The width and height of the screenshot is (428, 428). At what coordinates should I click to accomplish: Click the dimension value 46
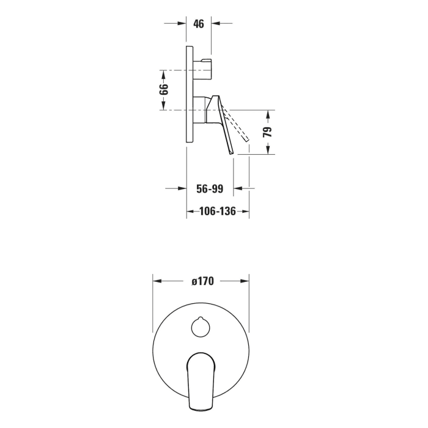click(199, 24)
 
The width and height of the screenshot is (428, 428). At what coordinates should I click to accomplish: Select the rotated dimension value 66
click(164, 89)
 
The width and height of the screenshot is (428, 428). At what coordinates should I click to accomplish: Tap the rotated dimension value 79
click(268, 132)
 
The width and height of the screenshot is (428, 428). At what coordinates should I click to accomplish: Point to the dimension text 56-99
click(210, 188)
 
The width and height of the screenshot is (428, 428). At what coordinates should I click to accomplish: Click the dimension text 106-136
click(218, 212)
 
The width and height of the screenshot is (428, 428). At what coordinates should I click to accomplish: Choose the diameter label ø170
click(202, 281)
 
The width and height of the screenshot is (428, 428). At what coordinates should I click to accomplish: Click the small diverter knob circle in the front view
click(201, 327)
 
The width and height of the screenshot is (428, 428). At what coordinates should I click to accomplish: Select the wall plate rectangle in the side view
click(190, 94)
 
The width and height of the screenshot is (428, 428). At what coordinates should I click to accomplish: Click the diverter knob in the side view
click(202, 69)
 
